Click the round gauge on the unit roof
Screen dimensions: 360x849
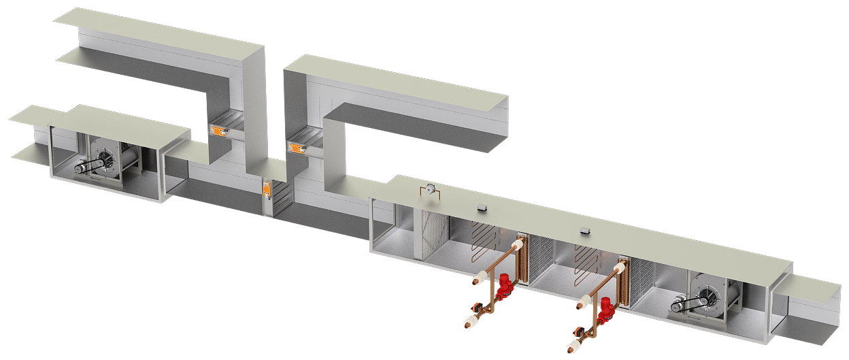click(x=430, y=189)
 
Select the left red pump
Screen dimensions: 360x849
click(x=504, y=287)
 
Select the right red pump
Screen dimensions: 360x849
click(x=605, y=308)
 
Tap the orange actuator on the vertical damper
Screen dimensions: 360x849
click(x=267, y=188)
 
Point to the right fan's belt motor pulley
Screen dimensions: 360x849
click(x=679, y=306)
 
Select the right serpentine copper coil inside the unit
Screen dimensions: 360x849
click(x=585, y=259)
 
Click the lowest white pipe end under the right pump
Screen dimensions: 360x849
click(x=573, y=346)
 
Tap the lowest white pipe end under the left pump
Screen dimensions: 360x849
click(x=470, y=322)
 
